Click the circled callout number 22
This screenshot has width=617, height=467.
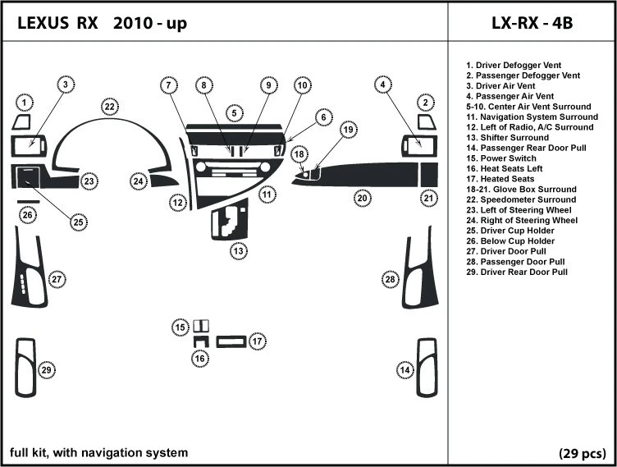click(x=109, y=106)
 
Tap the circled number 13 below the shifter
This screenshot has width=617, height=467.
click(x=238, y=251)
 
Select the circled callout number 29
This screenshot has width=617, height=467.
click(x=47, y=370)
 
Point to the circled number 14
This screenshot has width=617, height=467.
click(x=404, y=370)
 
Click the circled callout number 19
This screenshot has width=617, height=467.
click(x=348, y=129)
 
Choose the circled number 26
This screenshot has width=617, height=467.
click(x=28, y=215)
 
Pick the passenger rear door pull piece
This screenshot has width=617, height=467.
click(x=427, y=368)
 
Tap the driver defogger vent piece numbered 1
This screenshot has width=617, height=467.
click(x=21, y=123)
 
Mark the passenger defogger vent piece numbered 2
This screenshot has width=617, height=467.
click(x=427, y=122)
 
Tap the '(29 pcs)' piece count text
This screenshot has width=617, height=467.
click(x=582, y=453)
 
